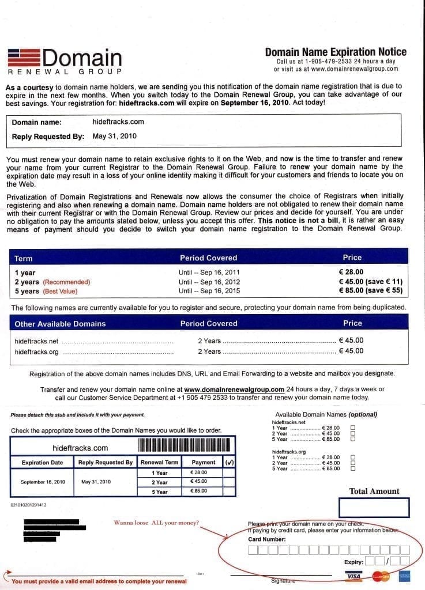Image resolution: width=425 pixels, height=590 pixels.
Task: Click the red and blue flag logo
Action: (x=23, y=58)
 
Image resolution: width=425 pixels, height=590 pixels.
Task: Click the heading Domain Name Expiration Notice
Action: (x=336, y=52)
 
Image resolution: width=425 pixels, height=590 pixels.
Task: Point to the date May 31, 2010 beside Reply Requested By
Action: (x=115, y=137)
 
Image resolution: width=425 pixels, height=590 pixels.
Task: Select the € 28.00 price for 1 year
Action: (x=351, y=272)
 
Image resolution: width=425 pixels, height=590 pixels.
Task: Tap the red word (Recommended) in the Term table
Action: (x=67, y=282)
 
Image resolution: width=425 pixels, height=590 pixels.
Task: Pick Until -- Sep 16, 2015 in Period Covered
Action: (x=209, y=292)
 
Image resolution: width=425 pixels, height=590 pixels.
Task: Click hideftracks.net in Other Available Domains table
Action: (x=37, y=341)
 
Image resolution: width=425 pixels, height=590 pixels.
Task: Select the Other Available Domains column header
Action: (x=60, y=324)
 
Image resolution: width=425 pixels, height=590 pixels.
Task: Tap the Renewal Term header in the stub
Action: (x=160, y=462)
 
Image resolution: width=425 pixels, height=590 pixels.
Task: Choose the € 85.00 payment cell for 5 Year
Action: (x=198, y=491)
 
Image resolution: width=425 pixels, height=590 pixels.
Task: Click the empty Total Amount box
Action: (x=374, y=508)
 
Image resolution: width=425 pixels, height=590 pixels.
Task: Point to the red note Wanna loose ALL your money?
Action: (x=156, y=523)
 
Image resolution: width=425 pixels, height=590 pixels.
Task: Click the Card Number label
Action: (x=266, y=539)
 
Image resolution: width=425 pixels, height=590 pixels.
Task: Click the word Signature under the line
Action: (x=283, y=581)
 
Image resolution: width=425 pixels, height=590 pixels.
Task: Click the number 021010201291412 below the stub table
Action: (x=29, y=505)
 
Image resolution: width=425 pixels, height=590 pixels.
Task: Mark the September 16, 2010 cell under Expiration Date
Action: (x=42, y=482)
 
